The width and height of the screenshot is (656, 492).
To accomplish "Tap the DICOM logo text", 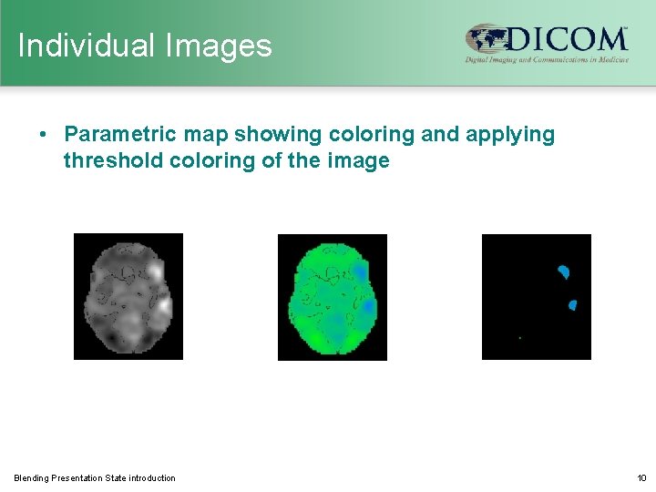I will coord(566,39).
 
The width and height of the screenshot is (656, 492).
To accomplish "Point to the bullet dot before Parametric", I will coord(44,135).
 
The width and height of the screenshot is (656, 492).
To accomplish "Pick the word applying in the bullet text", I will coord(510,135).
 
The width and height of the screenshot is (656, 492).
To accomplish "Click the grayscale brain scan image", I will coord(128,296).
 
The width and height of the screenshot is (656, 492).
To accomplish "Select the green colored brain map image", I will coord(333,296).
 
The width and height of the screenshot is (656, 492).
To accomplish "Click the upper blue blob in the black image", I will coord(563,271).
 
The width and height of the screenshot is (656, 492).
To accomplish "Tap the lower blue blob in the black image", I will coord(572,305).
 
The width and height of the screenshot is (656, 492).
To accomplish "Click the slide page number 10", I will coord(641,478).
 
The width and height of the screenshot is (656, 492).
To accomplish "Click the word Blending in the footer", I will coord(31,478).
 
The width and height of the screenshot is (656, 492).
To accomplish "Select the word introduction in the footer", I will coord(152,478).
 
